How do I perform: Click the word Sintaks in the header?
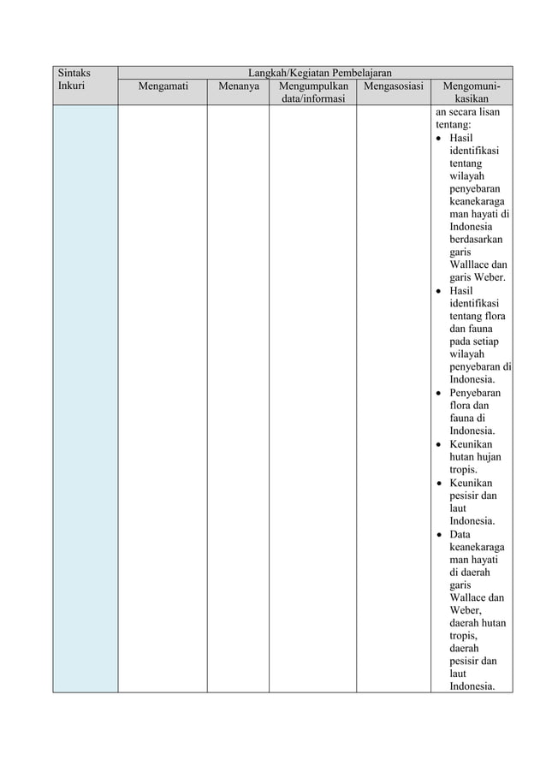pos(72,73)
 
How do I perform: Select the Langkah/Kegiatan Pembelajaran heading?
pos(315,73)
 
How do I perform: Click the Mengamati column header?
pos(163,86)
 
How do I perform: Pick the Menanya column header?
pos(238,86)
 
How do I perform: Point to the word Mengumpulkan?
pos(312,86)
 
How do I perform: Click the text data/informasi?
pos(312,99)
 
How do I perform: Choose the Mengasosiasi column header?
pos(393,86)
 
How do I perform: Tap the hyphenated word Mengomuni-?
pos(472,86)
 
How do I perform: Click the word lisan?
pos(491,111)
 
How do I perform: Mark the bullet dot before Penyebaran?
pos(439,394)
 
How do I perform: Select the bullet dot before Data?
pos(439,535)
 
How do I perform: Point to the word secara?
pos(460,111)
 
